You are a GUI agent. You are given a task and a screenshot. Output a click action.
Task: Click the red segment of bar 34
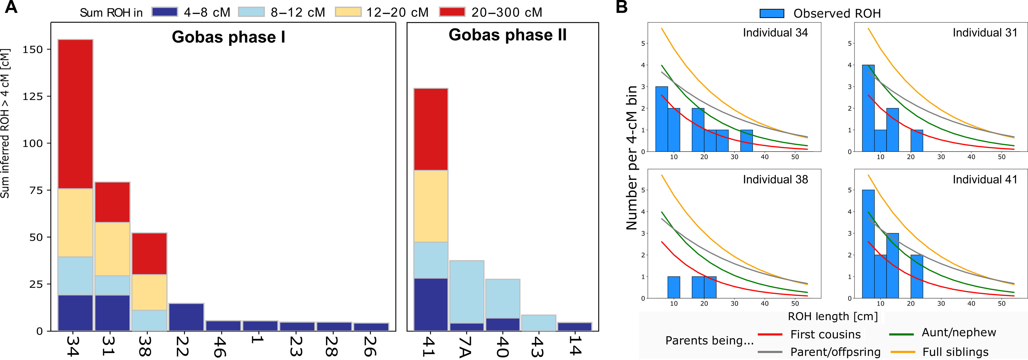point(75,114)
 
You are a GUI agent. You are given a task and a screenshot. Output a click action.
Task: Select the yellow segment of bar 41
point(430,206)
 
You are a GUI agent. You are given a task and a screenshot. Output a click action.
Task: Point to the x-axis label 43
point(538,346)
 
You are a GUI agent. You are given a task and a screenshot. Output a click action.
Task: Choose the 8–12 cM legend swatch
point(252,12)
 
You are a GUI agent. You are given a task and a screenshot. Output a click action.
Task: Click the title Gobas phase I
point(228,37)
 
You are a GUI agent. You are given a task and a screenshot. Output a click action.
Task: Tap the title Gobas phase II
point(507,35)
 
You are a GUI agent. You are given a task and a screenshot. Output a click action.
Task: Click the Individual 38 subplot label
point(775,180)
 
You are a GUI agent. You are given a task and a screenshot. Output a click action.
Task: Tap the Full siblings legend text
point(955,352)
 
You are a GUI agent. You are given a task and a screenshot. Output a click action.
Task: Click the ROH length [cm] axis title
point(833,317)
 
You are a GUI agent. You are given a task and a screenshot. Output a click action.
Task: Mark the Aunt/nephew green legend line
point(902,334)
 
